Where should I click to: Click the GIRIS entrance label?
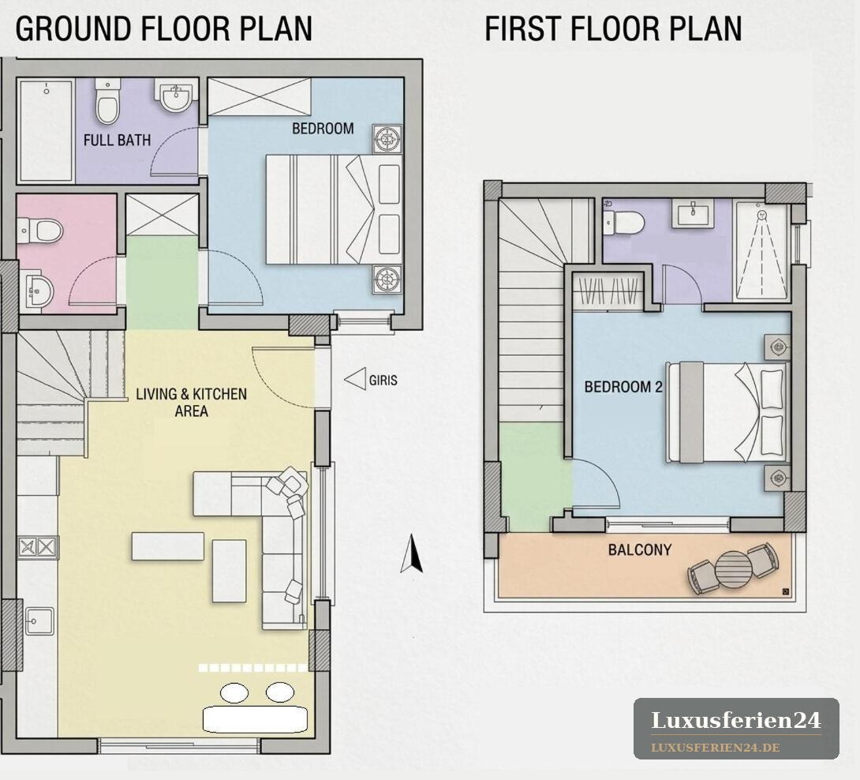383,380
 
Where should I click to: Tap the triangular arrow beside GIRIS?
355,379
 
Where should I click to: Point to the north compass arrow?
412,553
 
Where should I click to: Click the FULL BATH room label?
117,140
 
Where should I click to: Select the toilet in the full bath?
107,101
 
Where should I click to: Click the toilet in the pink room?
40,231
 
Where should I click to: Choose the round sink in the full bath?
175,96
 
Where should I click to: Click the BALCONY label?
640,549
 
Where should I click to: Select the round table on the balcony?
733,569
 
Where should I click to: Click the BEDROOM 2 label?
623,387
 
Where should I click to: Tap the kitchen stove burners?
38,547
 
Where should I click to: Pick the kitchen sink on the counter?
39,621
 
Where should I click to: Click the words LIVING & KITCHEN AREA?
192,403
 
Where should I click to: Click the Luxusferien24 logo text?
736,720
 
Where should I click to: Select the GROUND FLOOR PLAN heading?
164,28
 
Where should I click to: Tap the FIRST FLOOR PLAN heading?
613,28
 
